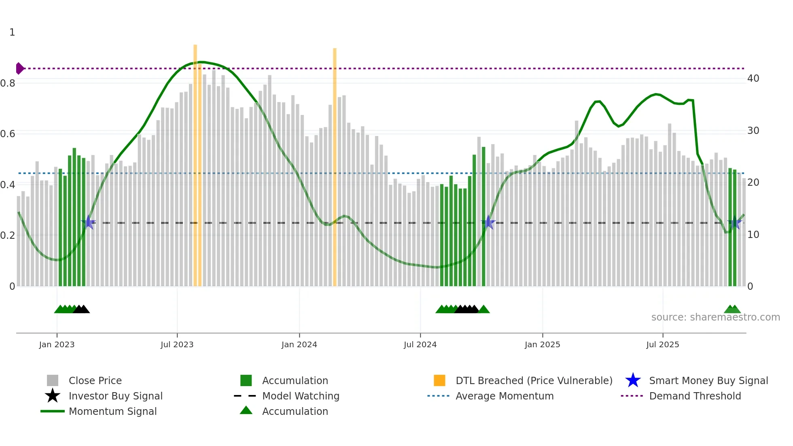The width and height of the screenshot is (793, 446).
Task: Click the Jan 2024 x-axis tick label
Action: (299, 344)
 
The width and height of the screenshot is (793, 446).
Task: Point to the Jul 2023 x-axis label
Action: (177, 344)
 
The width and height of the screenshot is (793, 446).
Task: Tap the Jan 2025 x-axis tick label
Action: (542, 344)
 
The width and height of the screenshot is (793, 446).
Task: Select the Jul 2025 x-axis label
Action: (662, 344)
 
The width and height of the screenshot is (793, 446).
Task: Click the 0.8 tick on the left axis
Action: (8, 83)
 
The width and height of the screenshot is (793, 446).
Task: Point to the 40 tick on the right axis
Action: (753, 79)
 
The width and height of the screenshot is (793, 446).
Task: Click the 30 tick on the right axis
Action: (753, 131)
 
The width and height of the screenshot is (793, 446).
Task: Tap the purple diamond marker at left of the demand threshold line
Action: (19, 68)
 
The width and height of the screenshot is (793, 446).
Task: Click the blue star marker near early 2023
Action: (88, 222)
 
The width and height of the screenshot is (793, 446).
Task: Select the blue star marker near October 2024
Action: (488, 222)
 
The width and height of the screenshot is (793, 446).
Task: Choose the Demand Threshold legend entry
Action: (695, 396)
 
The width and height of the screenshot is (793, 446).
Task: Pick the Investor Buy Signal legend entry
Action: (115, 396)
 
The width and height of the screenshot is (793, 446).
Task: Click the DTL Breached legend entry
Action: (534, 380)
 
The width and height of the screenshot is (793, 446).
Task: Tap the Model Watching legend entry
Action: (300, 396)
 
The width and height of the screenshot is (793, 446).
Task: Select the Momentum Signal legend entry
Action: (112, 411)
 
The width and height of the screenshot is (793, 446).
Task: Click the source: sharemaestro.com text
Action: (715, 317)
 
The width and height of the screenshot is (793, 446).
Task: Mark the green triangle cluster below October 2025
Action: (732, 310)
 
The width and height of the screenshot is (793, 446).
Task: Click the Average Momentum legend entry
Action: (504, 396)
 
